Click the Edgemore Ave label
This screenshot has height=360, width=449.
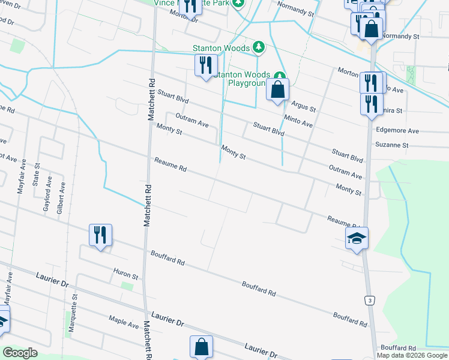pos(396,130)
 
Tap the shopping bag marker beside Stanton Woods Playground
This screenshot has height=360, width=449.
pos(277,90)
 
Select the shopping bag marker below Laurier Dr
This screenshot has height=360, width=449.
pos(201,347)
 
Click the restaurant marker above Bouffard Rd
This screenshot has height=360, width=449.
pos(100,235)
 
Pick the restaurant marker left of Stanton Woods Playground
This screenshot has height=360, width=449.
pos(205,64)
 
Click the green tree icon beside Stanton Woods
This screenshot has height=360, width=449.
pos(258,46)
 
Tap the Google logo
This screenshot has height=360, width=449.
pos(20,353)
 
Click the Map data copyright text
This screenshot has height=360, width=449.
pos(412,355)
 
